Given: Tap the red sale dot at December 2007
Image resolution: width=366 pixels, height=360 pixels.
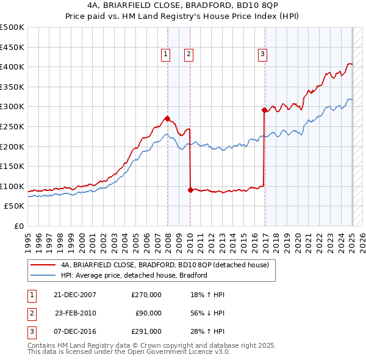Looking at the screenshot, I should pyautogui.click(x=167, y=119).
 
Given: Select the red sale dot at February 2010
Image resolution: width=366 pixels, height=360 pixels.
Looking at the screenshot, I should pyautogui.click(x=190, y=190).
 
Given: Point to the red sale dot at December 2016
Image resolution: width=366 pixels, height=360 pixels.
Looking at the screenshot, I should pyautogui.click(x=264, y=110).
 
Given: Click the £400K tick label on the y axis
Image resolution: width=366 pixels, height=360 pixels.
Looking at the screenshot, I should pyautogui.click(x=13, y=67).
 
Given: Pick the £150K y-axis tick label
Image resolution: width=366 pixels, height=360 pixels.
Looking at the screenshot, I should pyautogui.click(x=13, y=166).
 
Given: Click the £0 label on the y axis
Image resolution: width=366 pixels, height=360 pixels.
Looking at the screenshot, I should pyautogui.click(x=20, y=226).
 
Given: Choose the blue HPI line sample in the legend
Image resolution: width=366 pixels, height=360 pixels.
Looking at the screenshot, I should pyautogui.click(x=43, y=275).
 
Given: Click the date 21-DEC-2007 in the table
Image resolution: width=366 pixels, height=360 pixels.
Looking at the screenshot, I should pyautogui.click(x=75, y=295).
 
